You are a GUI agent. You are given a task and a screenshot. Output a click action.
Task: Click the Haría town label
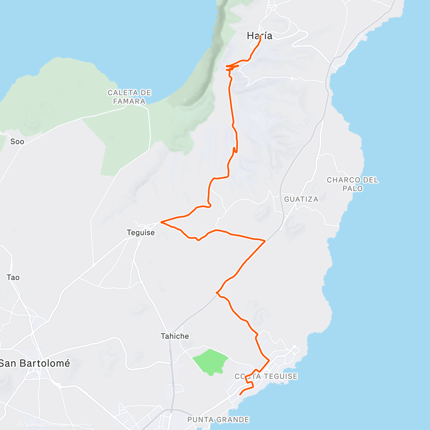(x=259, y=36)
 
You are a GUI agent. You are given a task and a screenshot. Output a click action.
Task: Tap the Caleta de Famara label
(x=129, y=97)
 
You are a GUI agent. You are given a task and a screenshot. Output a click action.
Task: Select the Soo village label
(x=17, y=142)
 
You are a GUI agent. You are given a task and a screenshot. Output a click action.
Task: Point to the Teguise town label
(x=141, y=233)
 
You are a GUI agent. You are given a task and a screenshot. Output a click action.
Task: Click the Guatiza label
(x=301, y=199)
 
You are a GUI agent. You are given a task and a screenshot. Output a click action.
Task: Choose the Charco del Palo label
(x=352, y=184)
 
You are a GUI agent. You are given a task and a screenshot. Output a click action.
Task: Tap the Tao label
(x=13, y=277)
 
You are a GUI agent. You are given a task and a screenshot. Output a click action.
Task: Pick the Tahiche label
(x=175, y=336)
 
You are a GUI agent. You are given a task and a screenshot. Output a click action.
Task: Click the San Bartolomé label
(x=35, y=363)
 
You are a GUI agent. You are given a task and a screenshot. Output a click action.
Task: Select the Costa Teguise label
(x=266, y=376)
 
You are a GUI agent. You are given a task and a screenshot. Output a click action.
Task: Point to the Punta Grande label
(x=218, y=420)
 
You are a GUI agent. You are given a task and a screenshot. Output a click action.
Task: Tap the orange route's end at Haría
(x=260, y=37)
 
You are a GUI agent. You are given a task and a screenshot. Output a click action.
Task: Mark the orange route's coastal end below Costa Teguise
(x=240, y=395)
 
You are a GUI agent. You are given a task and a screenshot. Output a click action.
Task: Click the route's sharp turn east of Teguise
(x=162, y=222)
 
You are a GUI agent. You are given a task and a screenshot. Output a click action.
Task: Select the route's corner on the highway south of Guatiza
(x=265, y=241)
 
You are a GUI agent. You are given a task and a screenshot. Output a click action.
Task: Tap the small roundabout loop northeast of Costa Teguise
(x=294, y=347)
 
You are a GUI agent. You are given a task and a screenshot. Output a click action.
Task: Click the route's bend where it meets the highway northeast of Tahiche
(x=217, y=293)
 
